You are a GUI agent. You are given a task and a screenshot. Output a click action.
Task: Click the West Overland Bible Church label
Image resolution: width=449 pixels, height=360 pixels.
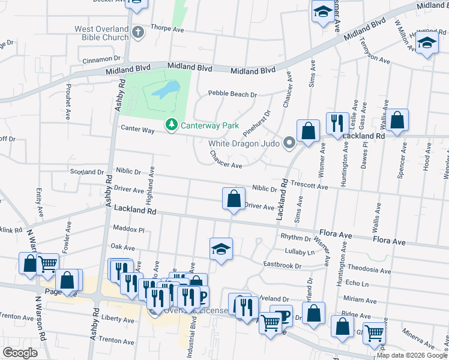101,33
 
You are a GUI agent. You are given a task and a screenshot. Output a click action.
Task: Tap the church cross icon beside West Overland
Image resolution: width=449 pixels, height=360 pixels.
139,31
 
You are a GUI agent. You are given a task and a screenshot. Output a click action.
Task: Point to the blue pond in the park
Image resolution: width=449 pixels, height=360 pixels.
164,90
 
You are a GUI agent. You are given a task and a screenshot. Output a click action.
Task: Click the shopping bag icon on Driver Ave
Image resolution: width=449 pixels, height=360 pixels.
234,199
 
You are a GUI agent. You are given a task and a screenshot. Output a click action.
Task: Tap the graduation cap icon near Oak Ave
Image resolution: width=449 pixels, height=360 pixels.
221,248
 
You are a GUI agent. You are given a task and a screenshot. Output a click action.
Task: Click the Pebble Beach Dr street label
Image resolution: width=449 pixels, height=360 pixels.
232,94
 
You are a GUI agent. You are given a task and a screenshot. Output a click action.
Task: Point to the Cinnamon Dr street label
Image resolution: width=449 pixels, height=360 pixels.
101,59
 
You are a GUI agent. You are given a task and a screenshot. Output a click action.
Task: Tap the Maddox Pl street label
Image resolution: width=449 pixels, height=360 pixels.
129,229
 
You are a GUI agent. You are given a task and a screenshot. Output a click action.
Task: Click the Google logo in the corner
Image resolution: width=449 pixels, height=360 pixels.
20,353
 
